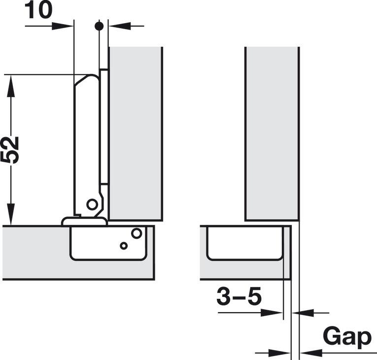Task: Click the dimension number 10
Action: [x=38, y=10]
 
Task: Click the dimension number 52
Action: [x=10, y=149]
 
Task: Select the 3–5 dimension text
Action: [x=239, y=297]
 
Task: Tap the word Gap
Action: [x=347, y=337]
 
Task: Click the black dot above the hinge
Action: [x=99, y=26]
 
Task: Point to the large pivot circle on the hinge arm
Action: [x=92, y=204]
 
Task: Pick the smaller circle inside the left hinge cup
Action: [x=124, y=246]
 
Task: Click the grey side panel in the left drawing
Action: [x=136, y=133]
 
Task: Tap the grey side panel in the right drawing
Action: [x=272, y=133]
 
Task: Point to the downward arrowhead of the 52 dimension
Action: [x=11, y=217]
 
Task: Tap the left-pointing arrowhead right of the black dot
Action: [x=115, y=26]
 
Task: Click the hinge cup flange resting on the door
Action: [x=84, y=221]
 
